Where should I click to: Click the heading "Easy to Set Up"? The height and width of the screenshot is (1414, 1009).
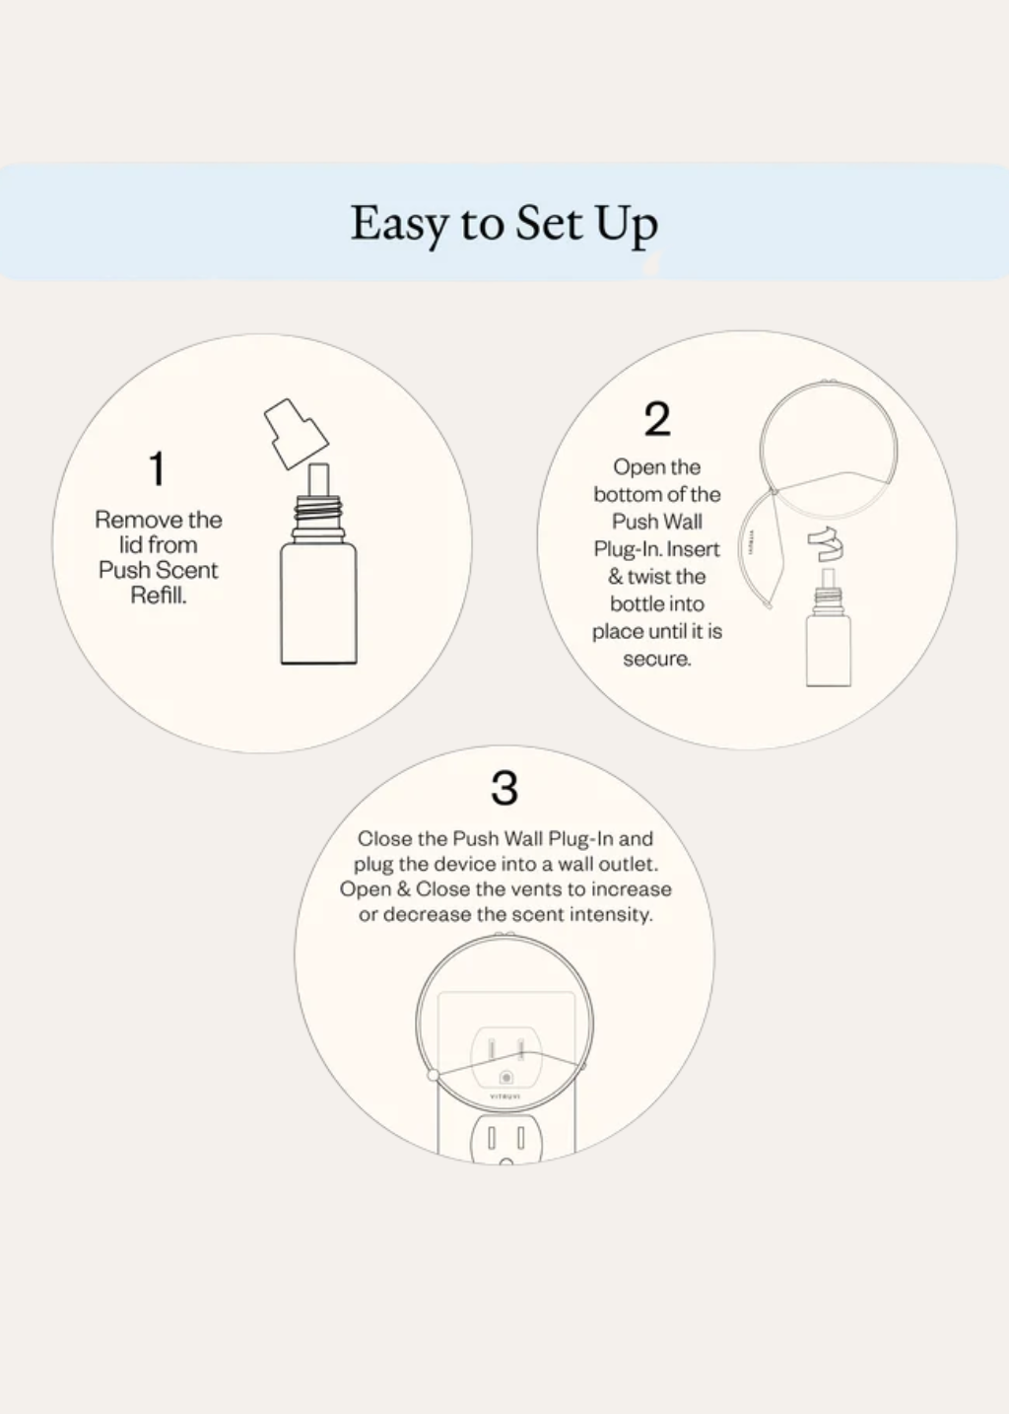click(x=504, y=223)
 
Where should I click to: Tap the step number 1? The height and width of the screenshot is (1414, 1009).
click(x=157, y=468)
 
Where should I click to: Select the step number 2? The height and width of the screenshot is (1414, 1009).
click(x=657, y=419)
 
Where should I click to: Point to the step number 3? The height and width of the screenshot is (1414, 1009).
click(x=504, y=788)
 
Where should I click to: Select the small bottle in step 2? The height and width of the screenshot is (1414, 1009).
click(x=828, y=636)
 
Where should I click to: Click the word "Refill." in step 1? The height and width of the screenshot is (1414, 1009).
click(x=159, y=595)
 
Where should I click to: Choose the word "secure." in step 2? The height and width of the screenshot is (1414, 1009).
click(x=657, y=659)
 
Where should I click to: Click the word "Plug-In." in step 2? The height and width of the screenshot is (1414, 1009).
click(x=629, y=549)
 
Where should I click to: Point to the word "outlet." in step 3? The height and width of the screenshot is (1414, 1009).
click(x=628, y=864)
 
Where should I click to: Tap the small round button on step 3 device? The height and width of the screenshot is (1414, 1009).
click(x=506, y=1078)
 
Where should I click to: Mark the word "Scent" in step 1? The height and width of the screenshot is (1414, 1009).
click(x=188, y=570)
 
